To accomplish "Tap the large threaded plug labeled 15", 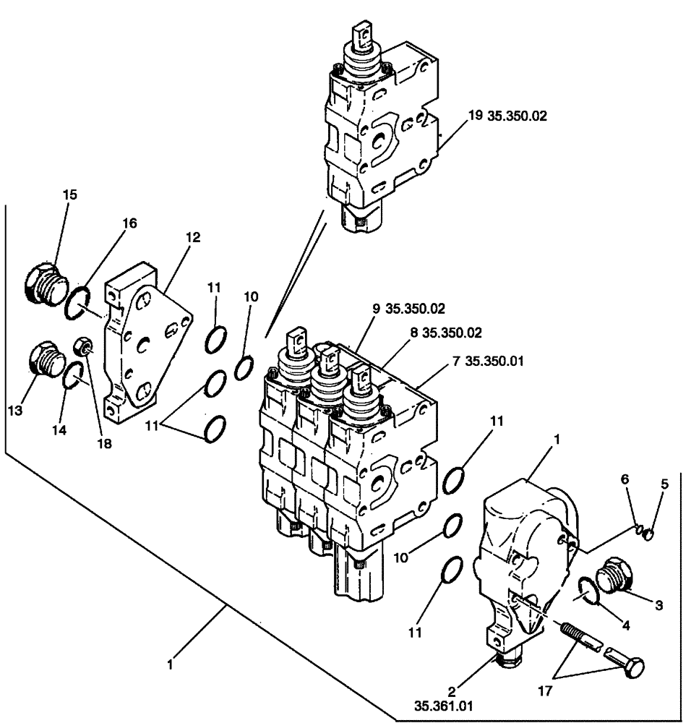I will (44, 284).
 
